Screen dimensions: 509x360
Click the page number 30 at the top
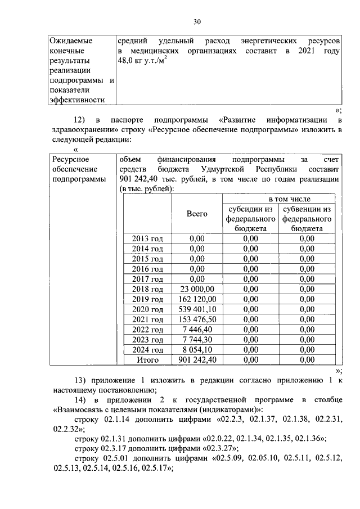click(x=196, y=22)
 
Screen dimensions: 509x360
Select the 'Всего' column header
click(x=197, y=214)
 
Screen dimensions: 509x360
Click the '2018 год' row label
click(x=147, y=289)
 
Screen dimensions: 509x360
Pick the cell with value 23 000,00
click(x=197, y=289)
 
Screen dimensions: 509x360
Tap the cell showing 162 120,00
click(x=197, y=299)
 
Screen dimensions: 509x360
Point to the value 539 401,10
click(x=197, y=309)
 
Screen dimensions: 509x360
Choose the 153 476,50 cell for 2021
click(x=197, y=319)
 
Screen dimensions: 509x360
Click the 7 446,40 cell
click(x=197, y=330)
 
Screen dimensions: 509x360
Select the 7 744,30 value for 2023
click(x=197, y=340)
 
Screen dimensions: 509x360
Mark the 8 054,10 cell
click(x=197, y=350)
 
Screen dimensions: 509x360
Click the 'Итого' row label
click(x=147, y=360)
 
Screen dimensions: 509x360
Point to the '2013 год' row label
click(x=147, y=238)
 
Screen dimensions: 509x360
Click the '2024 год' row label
click(x=147, y=350)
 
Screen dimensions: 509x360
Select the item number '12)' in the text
click(x=81, y=120)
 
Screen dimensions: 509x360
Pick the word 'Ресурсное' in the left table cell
click(x=69, y=160)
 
